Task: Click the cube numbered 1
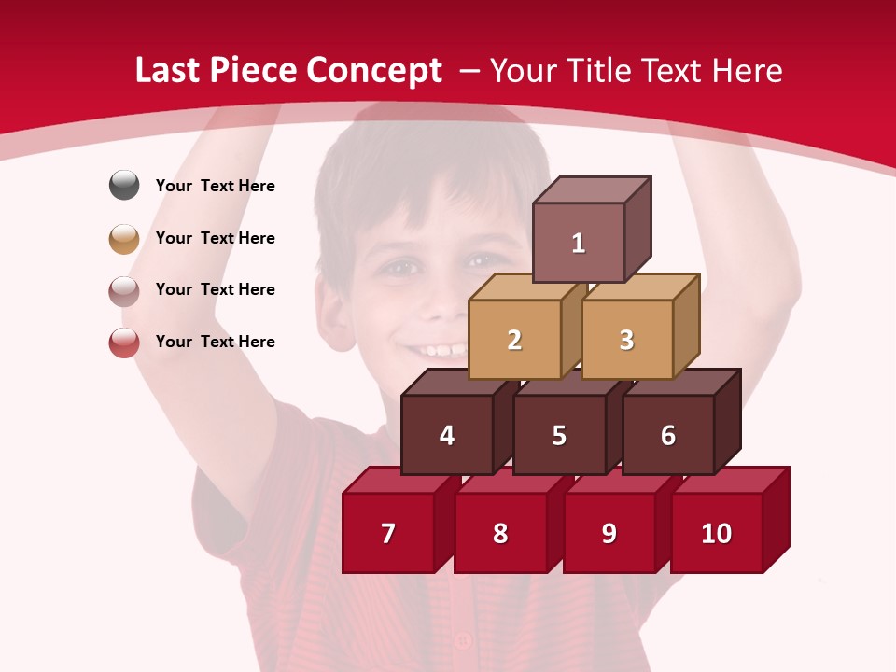[x=579, y=243]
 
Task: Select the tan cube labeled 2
[x=514, y=340]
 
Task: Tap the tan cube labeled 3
[x=626, y=340]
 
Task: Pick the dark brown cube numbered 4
[x=447, y=435]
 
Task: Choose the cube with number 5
[x=559, y=435]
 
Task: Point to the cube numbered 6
[x=668, y=435]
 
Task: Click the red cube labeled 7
[x=388, y=533]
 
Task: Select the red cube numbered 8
[x=500, y=533]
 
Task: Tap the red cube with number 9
[x=609, y=533]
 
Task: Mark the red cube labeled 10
[x=717, y=533]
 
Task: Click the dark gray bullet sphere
[x=124, y=185]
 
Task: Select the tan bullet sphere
[x=124, y=238]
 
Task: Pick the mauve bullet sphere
[x=124, y=290]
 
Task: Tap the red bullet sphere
[x=124, y=343]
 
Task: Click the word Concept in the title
[x=374, y=71]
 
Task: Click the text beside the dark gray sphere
[x=216, y=186]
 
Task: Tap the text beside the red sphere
[x=216, y=342]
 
